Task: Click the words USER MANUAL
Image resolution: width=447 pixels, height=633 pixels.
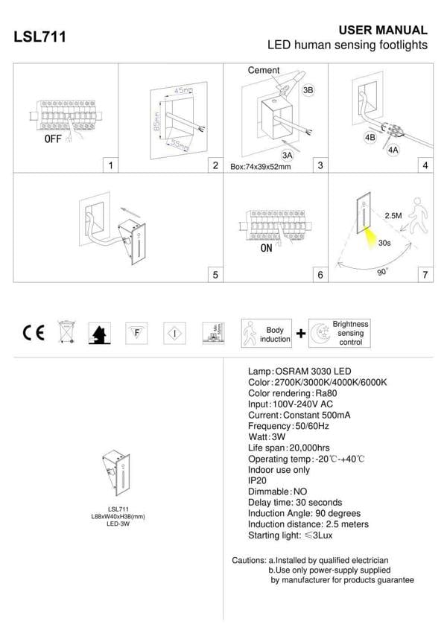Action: point(383,31)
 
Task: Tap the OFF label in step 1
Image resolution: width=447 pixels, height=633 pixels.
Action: point(53,139)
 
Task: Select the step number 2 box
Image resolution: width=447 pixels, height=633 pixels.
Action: point(215,165)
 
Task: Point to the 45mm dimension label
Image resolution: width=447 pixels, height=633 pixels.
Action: point(183,90)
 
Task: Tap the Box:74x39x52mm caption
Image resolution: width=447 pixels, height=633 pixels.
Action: point(261,167)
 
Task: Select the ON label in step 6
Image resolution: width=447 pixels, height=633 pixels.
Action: point(266,248)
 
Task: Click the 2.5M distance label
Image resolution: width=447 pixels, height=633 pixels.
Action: point(393,215)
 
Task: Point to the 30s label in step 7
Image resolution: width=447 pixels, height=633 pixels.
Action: point(385,242)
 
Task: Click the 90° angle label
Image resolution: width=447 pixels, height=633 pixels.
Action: point(382,273)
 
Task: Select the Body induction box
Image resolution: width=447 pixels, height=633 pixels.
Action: point(267,334)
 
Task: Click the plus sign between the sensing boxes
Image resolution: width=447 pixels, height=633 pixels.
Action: point(301,334)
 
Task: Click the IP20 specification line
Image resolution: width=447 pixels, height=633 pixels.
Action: point(256,481)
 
